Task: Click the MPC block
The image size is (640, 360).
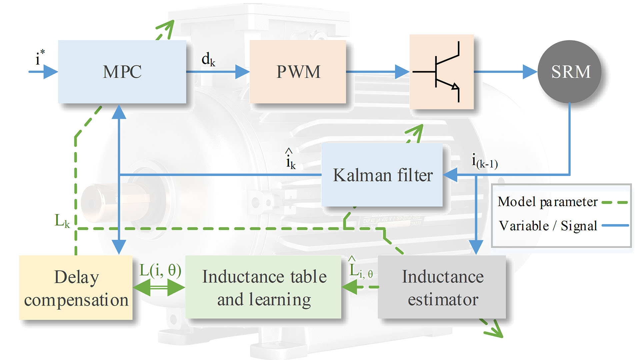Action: pos(122,72)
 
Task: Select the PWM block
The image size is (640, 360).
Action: pos(298,72)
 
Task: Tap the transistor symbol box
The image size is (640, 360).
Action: pos(441,72)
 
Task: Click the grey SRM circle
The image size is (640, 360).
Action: pos(570,72)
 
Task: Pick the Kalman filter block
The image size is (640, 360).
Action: pos(382,175)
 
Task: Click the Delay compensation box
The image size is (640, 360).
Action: pos(76,288)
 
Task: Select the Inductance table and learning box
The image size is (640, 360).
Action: pos(263,287)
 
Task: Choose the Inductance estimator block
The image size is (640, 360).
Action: pos(442,287)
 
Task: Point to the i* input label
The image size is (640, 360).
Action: pos(40,58)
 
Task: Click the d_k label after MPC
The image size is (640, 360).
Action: pos(208,59)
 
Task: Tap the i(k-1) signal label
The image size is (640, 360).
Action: pos(484,162)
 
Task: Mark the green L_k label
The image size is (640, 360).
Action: pos(62,221)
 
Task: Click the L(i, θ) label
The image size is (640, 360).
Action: pos(160,270)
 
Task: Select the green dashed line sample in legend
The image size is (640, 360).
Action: pos(615,202)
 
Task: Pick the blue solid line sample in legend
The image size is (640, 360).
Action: pos(615,226)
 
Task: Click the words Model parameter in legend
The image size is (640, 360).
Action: pos(547,202)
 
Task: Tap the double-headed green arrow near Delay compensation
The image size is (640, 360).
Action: pos(159,287)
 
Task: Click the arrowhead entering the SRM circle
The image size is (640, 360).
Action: pos(530,72)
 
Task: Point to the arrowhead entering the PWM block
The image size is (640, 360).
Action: pos(242,72)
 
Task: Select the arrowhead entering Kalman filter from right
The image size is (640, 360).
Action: pos(450,175)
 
